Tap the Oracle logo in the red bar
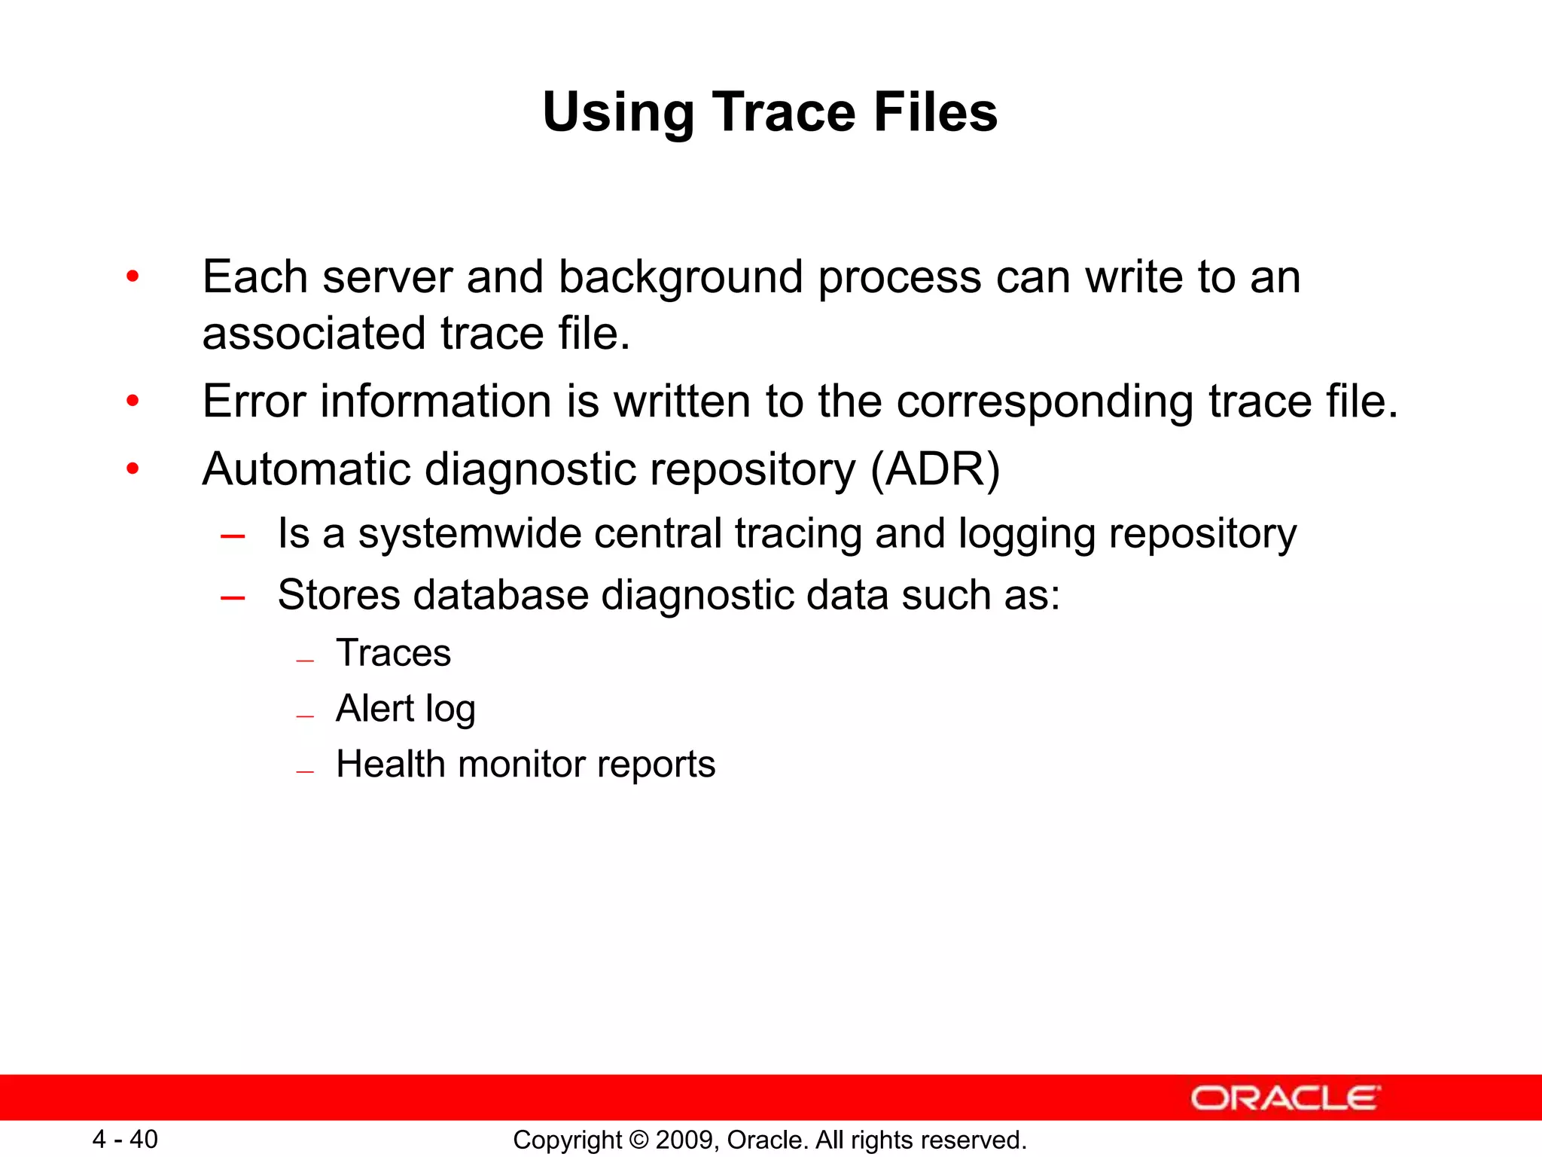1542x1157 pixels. click(x=1285, y=1097)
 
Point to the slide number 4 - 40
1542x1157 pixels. click(x=125, y=1139)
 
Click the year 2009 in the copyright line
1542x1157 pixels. click(x=679, y=1140)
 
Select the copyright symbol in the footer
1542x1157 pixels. click(x=638, y=1140)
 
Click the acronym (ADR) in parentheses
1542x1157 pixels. click(x=935, y=470)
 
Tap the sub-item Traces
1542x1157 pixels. click(x=393, y=652)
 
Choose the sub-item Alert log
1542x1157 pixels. click(x=405, y=709)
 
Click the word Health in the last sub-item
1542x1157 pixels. click(x=391, y=764)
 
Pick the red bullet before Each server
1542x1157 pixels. click(x=133, y=276)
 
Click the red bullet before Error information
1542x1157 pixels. click(x=133, y=401)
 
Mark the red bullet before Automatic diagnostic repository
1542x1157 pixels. click(x=133, y=469)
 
